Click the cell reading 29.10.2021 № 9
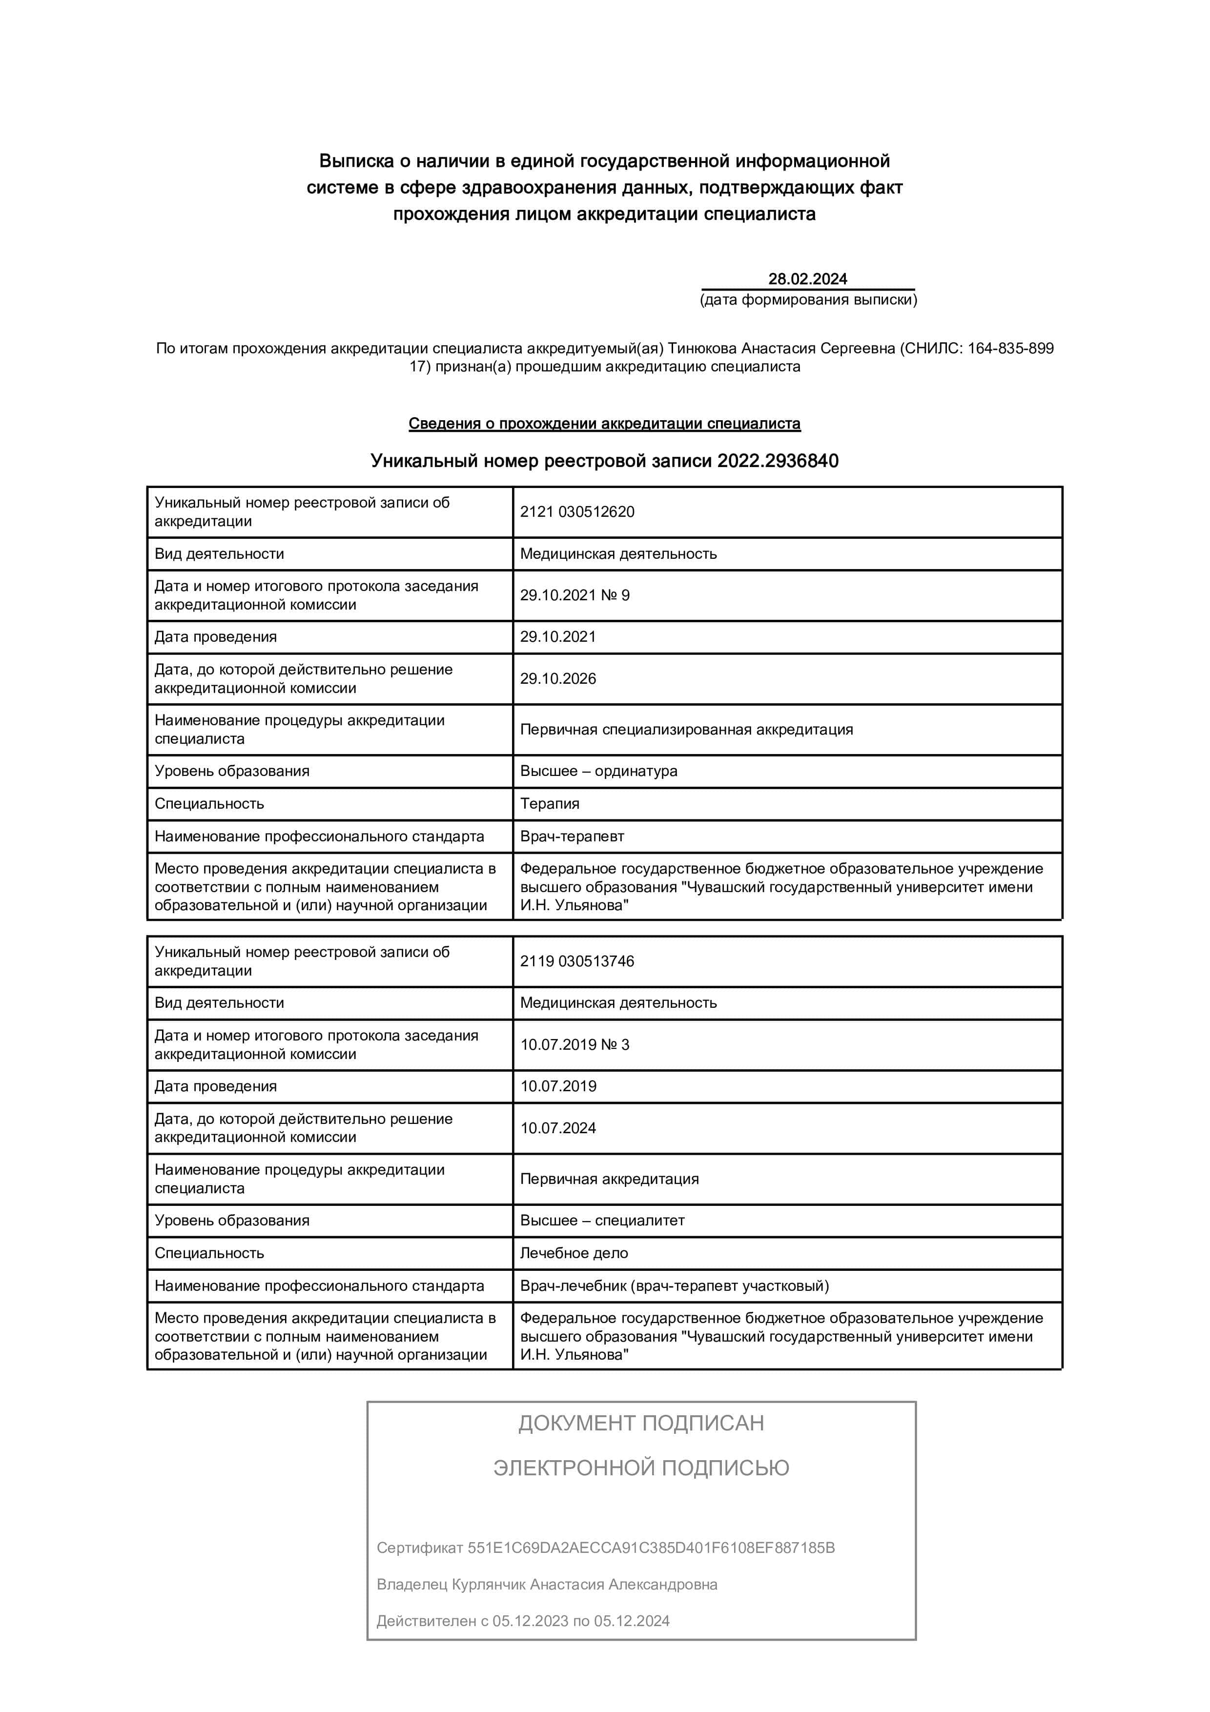575,595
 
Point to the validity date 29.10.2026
558,678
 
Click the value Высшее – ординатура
599,771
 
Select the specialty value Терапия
550,804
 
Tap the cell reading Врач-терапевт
572,836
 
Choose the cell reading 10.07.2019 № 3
575,1045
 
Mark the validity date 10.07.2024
558,1128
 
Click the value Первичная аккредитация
609,1179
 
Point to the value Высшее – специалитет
602,1221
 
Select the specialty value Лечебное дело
574,1253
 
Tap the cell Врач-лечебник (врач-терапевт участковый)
674,1286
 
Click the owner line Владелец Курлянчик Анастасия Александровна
547,1585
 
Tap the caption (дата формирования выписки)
808,300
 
